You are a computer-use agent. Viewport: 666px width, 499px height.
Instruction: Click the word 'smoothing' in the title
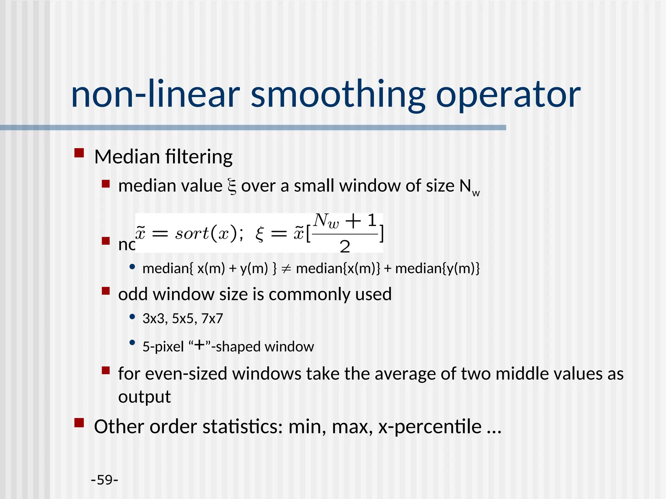click(x=338, y=95)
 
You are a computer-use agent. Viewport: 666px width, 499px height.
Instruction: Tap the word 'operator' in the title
click(x=508, y=95)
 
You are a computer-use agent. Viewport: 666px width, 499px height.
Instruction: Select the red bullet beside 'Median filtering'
click(x=79, y=153)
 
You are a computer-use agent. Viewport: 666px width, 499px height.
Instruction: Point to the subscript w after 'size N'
click(x=476, y=193)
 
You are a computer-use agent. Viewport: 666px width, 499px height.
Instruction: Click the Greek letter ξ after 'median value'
click(x=232, y=187)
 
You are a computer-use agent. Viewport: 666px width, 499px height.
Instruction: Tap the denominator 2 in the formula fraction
click(x=345, y=247)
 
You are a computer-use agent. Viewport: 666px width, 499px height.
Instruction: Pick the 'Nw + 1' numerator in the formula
click(x=345, y=221)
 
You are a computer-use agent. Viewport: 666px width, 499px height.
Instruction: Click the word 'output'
click(x=144, y=397)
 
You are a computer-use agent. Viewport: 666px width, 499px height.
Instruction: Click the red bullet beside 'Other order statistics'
click(x=79, y=423)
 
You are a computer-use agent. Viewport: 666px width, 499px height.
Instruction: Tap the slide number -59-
click(x=104, y=480)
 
